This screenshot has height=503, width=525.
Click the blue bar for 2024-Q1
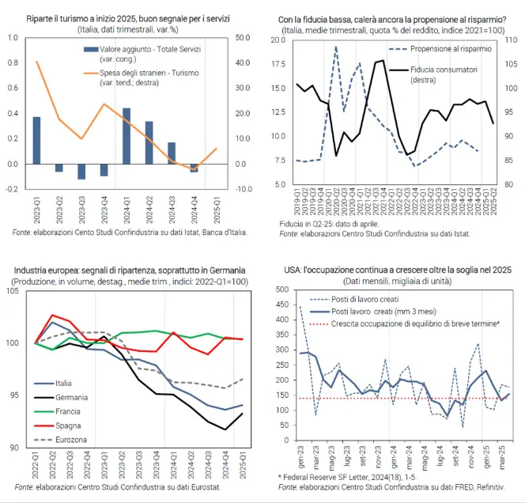[127, 136]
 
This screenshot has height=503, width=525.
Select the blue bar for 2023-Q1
[36, 140]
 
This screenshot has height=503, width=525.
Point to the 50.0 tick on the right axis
[241, 37]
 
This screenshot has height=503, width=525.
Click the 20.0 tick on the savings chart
[278, 62]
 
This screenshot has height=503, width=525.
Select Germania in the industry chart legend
[72, 397]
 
